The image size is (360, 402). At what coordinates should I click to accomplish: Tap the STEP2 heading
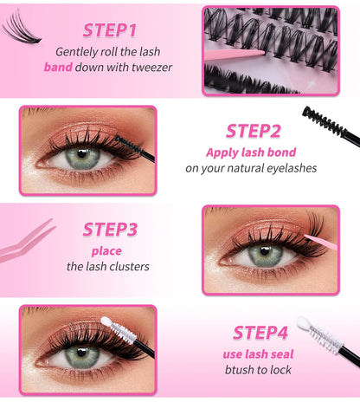click(x=253, y=131)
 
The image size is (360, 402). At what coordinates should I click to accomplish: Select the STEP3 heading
click(x=110, y=230)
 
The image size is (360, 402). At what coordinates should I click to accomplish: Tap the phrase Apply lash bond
click(x=251, y=152)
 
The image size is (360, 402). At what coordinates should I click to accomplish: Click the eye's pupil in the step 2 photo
click(x=84, y=159)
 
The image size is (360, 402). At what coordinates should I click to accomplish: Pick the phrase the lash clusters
click(x=107, y=267)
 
